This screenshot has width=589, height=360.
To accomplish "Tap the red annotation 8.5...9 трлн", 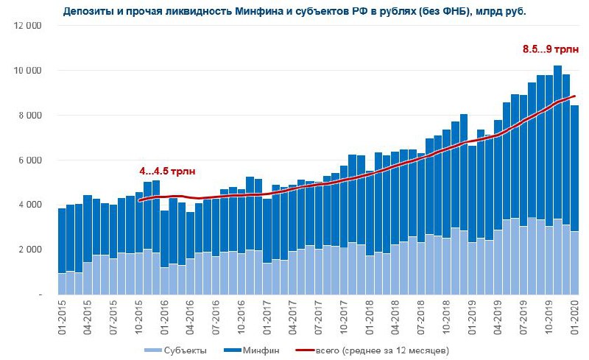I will click(545, 49).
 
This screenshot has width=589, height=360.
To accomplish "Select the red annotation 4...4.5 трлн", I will click(169, 171).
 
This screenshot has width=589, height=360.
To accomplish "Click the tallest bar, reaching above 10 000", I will click(558, 184).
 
